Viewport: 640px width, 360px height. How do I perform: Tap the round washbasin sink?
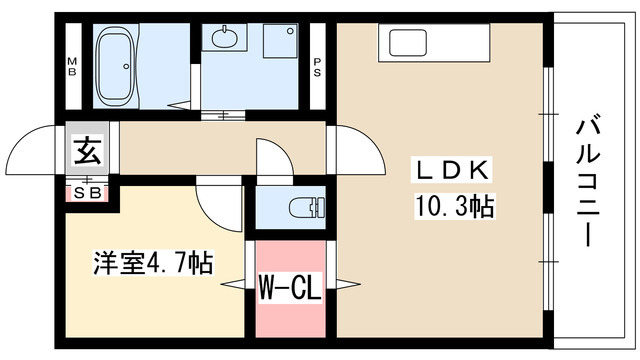(x=222, y=40)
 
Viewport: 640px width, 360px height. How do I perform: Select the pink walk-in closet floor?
(x=290, y=315)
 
